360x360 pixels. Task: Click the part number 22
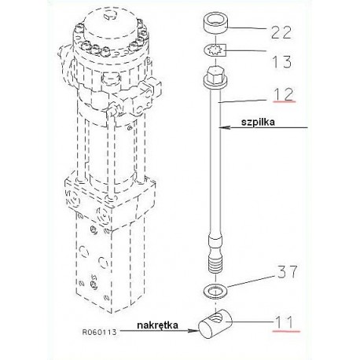point(281,32)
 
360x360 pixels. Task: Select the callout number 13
point(281,61)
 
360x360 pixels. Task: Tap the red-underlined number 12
point(284,94)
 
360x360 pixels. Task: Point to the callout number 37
point(288,271)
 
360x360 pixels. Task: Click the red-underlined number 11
point(285,322)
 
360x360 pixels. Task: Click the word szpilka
point(258,122)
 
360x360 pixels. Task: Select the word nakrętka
point(158,325)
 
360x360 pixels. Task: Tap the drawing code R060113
point(99,332)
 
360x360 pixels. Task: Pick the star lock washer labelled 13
point(215,50)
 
